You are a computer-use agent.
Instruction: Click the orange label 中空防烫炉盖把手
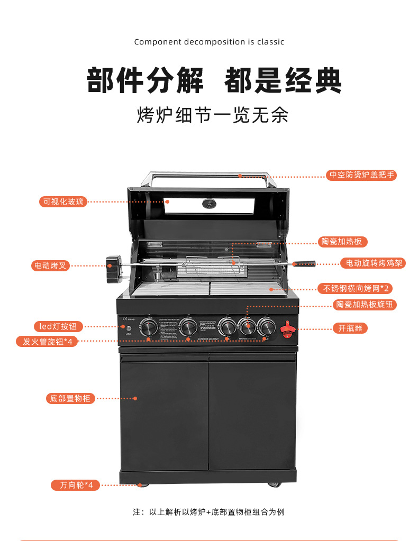point(361,175)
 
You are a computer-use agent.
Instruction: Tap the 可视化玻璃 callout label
point(63,201)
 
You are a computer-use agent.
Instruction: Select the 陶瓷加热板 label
point(343,242)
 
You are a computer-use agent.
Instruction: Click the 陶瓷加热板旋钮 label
point(366,305)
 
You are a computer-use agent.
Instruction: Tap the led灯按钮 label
point(58,327)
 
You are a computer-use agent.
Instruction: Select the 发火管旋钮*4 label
point(47,341)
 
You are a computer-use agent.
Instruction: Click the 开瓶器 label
point(350,328)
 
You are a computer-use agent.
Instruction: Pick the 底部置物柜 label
point(70,398)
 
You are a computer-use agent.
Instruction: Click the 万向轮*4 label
point(76,485)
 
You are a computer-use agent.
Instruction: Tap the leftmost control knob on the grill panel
point(149,328)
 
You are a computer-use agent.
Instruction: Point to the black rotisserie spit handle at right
point(304,263)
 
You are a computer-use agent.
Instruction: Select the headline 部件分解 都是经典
point(214,80)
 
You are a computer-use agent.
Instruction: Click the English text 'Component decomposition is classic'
point(209,42)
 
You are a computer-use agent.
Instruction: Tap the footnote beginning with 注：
point(208,512)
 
